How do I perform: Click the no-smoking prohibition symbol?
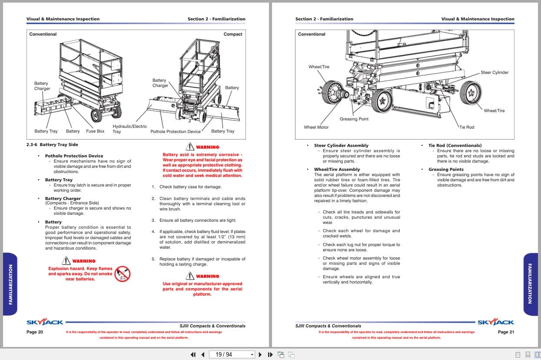click(x=123, y=274)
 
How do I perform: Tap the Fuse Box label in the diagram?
click(x=95, y=131)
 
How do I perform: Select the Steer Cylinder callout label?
click(x=494, y=73)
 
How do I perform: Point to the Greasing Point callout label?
click(x=354, y=119)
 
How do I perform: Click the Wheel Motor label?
click(x=316, y=127)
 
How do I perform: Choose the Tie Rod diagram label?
click(x=467, y=127)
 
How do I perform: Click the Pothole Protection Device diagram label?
click(x=176, y=131)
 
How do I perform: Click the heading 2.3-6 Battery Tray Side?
click(x=52, y=145)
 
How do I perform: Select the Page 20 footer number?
click(x=35, y=332)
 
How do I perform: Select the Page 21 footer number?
click(x=506, y=332)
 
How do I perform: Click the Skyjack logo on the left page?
click(x=45, y=323)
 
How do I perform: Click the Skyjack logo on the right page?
click(x=496, y=323)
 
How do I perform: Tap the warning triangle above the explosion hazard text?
click(x=66, y=260)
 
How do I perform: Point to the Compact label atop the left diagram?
click(x=233, y=34)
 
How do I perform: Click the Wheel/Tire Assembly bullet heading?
click(x=337, y=170)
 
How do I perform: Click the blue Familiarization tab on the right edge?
click(x=530, y=284)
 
